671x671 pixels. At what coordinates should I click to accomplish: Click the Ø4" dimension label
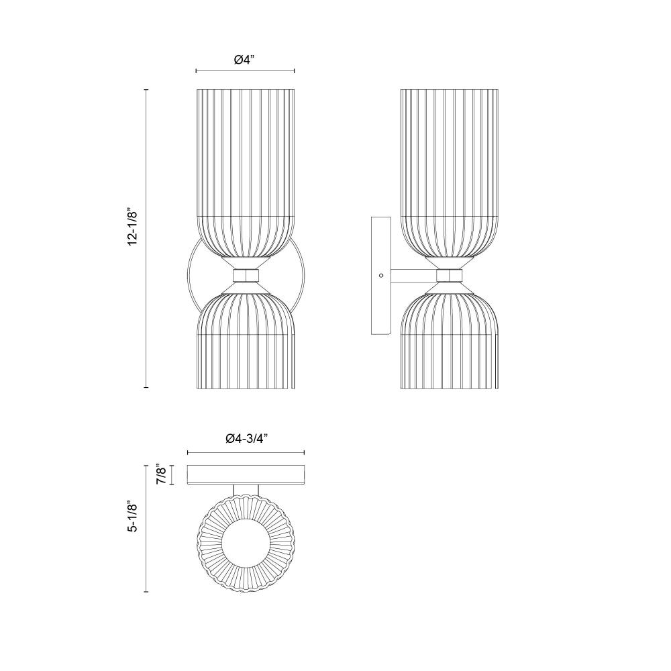click(244, 60)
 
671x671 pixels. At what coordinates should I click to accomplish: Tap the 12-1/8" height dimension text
click(133, 227)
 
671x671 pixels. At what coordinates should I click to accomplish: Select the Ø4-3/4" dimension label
click(246, 438)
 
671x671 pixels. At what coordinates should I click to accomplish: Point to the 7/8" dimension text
click(160, 474)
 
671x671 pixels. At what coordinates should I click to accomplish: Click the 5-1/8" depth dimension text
click(133, 518)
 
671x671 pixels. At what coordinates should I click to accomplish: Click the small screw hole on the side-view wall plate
click(381, 276)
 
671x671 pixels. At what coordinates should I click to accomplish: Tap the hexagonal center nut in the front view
click(246, 275)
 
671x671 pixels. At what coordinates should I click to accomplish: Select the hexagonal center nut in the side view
click(450, 275)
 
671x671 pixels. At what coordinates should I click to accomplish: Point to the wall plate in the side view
click(381, 276)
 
